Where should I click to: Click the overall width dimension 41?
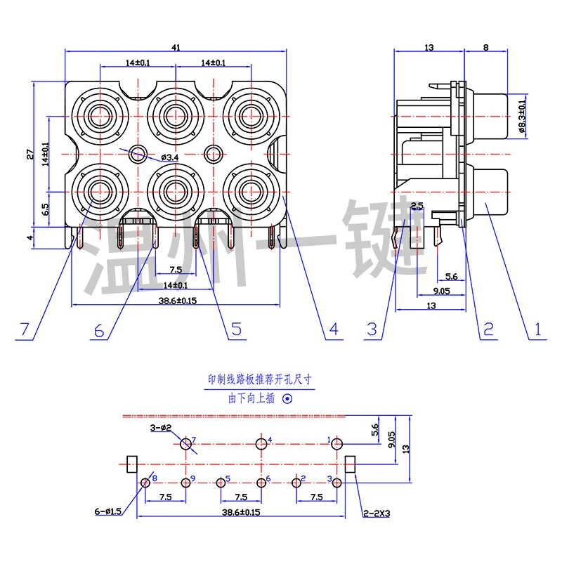tap(176, 47)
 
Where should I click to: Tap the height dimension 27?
tap(30, 155)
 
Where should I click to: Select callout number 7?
tap(25, 329)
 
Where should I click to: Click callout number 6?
tap(98, 329)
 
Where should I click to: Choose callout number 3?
tap(372, 329)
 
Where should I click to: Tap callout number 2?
tap(487, 329)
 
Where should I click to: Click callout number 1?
tap(537, 329)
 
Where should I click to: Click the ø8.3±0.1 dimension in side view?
tap(521, 116)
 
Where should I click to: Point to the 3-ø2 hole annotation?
tap(160, 427)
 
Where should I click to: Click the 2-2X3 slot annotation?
tap(377, 514)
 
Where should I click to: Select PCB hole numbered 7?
tap(186, 444)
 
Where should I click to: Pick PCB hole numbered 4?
tap(262, 443)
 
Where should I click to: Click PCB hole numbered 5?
tap(221, 482)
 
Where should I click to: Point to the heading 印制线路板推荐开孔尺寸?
tap(261, 380)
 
